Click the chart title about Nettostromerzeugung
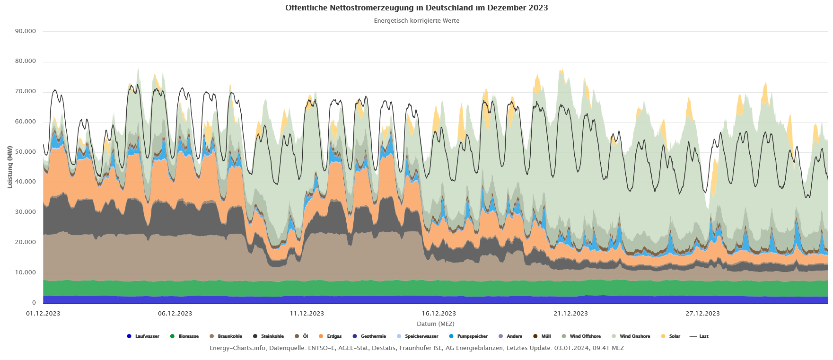[x=416, y=8]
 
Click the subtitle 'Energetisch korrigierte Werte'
[x=416, y=21]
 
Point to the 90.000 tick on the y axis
[x=26, y=31]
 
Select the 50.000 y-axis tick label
[x=26, y=152]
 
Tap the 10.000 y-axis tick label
[x=26, y=272]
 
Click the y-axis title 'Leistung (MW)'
[x=10, y=167]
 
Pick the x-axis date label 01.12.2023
[x=43, y=314]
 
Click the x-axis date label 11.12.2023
[x=307, y=314]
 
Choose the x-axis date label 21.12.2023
[x=570, y=314]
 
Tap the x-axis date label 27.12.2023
[x=702, y=314]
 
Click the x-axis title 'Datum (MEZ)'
[x=435, y=324]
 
